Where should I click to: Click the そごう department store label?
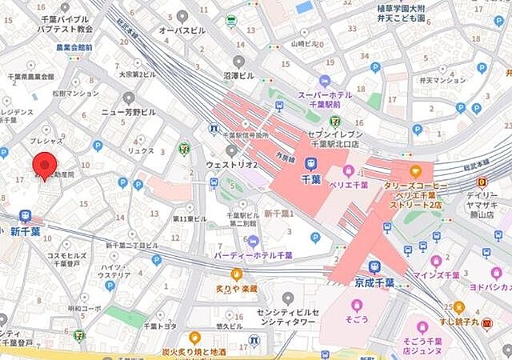[356, 320]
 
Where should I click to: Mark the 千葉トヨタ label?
[160, 326]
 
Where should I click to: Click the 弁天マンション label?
[442, 80]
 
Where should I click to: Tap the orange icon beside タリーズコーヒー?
[415, 170]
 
